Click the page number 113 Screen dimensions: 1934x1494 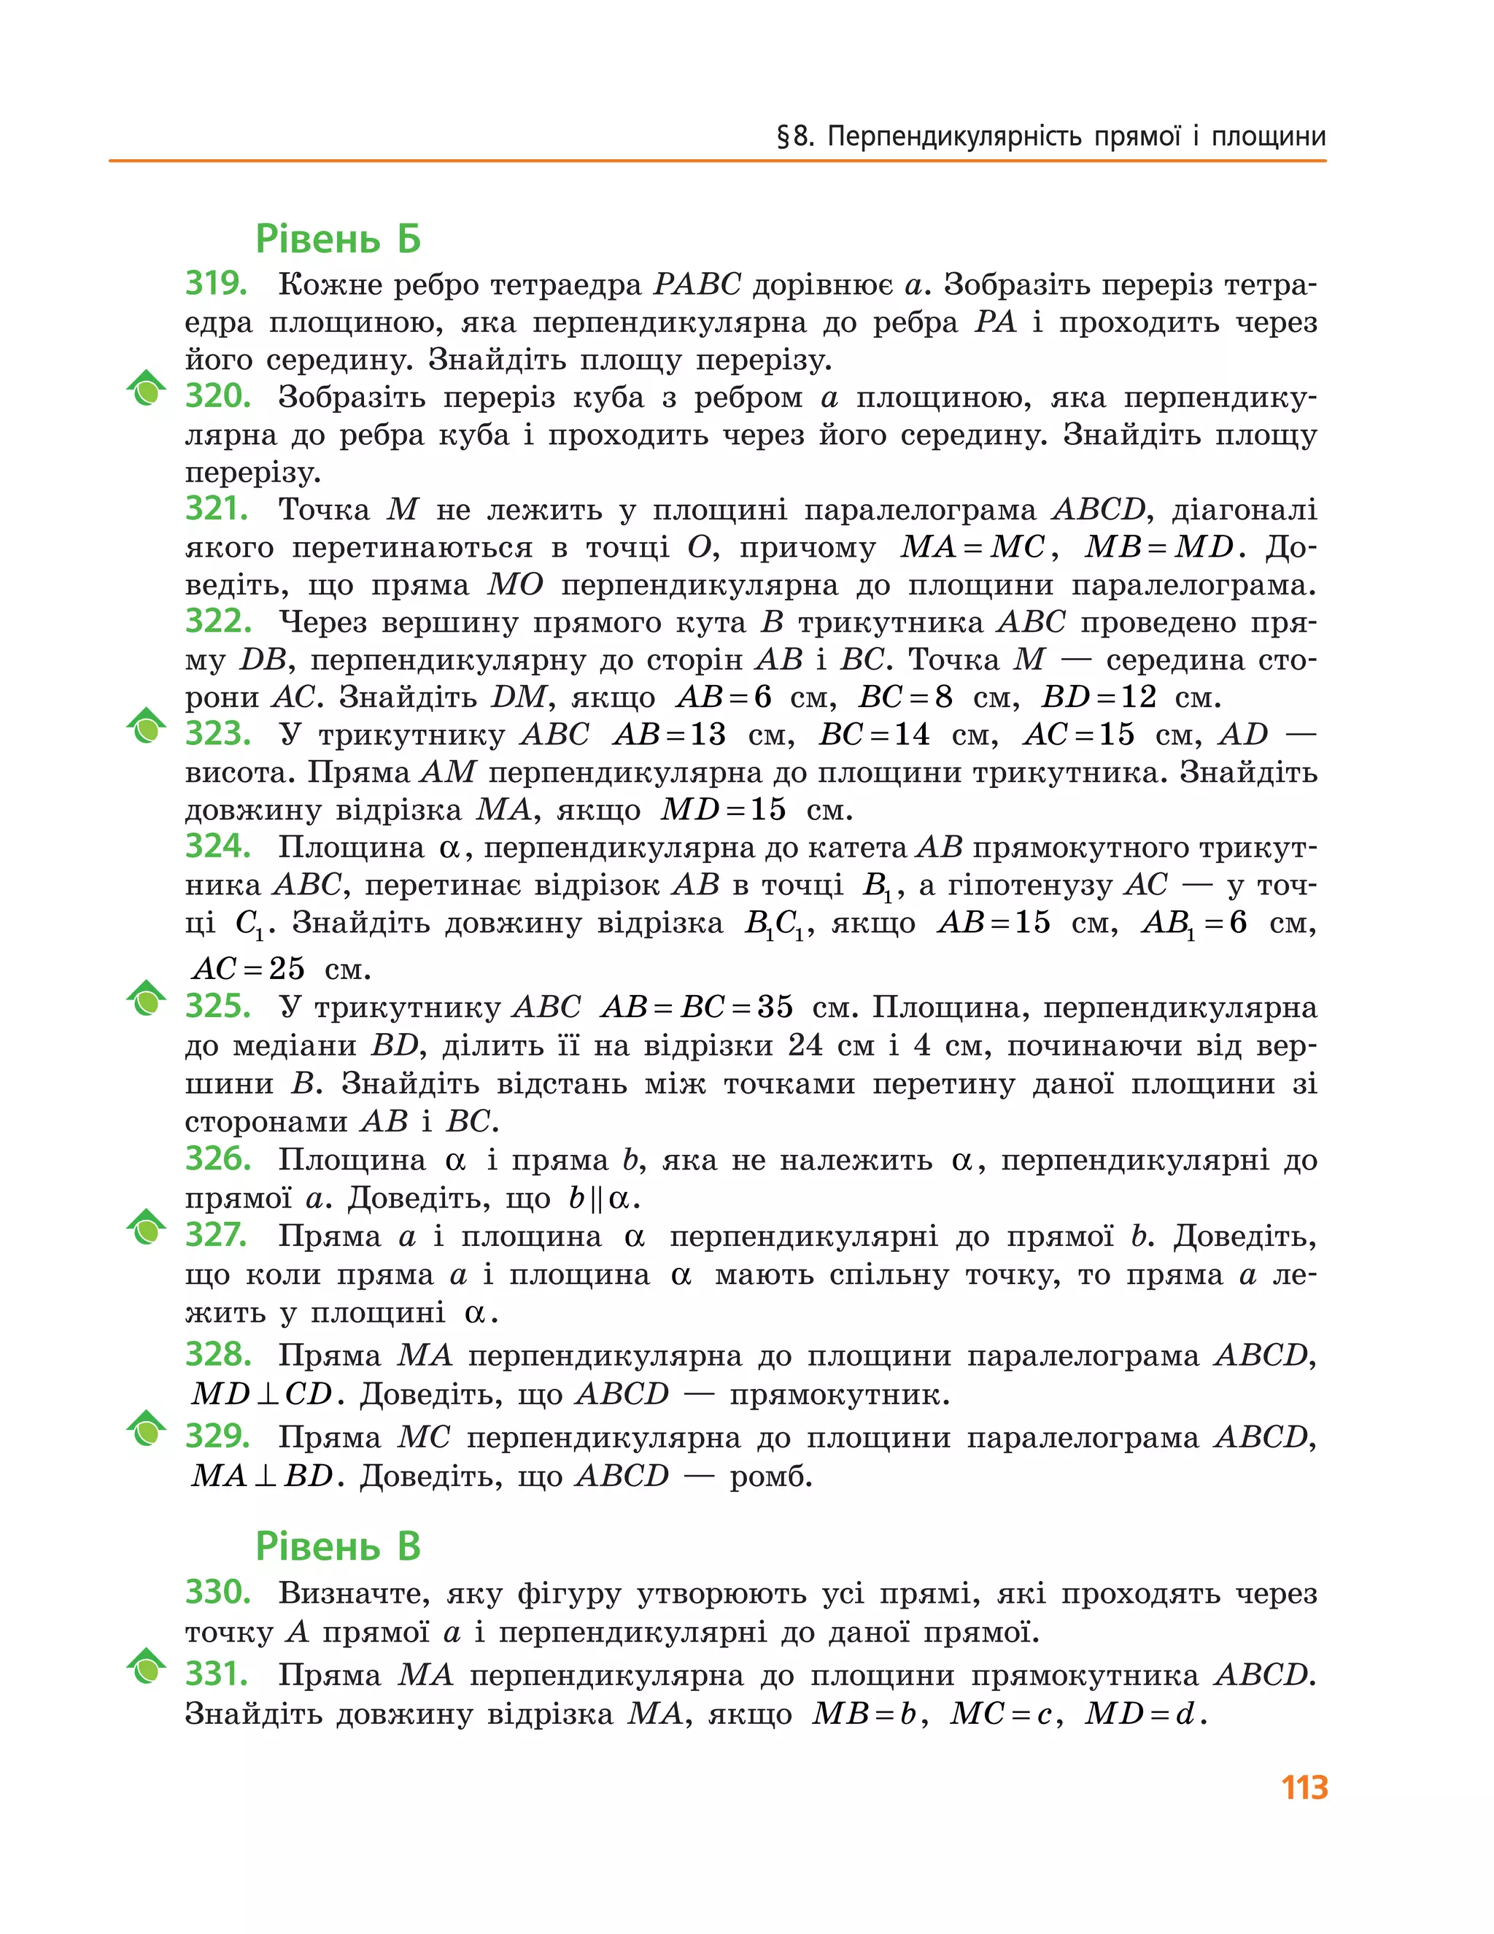click(1304, 1787)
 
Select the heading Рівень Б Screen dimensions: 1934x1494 click(338, 239)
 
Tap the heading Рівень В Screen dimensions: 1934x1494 click(338, 1546)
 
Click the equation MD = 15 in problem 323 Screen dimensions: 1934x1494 click(723, 809)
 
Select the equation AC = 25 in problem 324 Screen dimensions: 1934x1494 click(249, 969)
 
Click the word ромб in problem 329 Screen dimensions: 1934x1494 click(770, 1476)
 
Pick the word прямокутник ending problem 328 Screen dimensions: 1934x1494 click(839, 1395)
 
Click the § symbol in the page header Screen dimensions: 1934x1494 click(783, 137)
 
